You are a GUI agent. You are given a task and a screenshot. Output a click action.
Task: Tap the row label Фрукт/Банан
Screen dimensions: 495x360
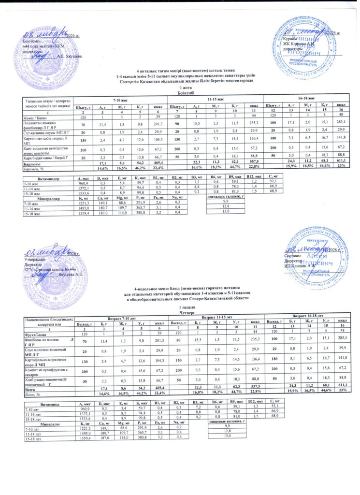31,334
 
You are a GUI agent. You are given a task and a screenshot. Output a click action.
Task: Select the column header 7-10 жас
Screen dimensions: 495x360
119,99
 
